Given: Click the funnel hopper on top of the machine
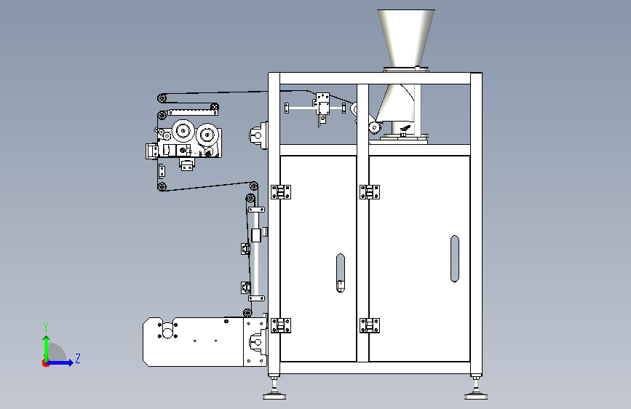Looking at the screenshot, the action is coord(405,39).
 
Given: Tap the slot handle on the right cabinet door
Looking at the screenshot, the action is coord(455,258).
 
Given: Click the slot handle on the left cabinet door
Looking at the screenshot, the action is coord(341,272).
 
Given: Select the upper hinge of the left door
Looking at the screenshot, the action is coord(281,192).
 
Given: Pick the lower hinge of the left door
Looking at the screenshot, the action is coord(281,325).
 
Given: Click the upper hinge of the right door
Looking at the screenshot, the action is coord(370,192).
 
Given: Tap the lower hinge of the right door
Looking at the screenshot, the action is coord(370,325).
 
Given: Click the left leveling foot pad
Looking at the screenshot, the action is coord(274,397).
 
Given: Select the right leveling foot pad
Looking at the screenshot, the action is coord(476,397).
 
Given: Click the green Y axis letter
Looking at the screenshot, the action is coord(46,327).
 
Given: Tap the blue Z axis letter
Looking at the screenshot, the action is coord(78,358).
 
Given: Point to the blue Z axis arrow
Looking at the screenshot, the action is coord(60,362).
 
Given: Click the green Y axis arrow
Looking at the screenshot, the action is coord(47,349).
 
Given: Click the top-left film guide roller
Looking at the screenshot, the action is coord(162,98).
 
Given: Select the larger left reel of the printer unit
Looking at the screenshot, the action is coord(183,130).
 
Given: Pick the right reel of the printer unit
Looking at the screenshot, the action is coord(207,135).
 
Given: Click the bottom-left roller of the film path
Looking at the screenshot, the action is coord(162,186).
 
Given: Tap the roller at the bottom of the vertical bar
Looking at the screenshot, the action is coord(247,312).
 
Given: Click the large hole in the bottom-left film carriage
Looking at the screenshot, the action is coord(168,333).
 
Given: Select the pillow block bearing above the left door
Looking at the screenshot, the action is coord(258,135).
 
